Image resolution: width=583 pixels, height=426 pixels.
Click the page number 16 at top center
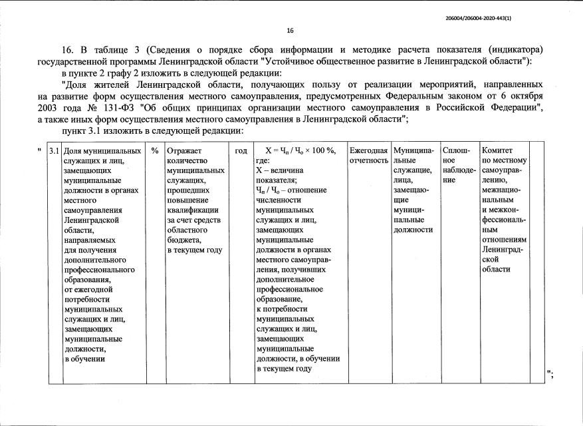(x=290, y=31)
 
